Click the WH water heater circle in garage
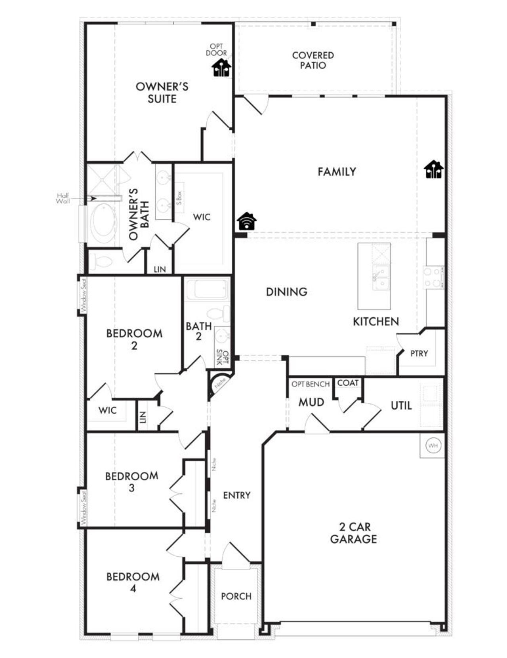433,446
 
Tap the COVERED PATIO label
313,60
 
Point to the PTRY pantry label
419,353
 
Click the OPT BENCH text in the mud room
311,384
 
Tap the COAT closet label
348,383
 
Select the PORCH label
236,596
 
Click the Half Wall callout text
63,198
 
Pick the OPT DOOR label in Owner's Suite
216,50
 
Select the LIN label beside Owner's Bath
160,269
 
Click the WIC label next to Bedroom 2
107,410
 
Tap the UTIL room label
401,405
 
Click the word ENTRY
236,495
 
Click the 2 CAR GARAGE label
353,533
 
